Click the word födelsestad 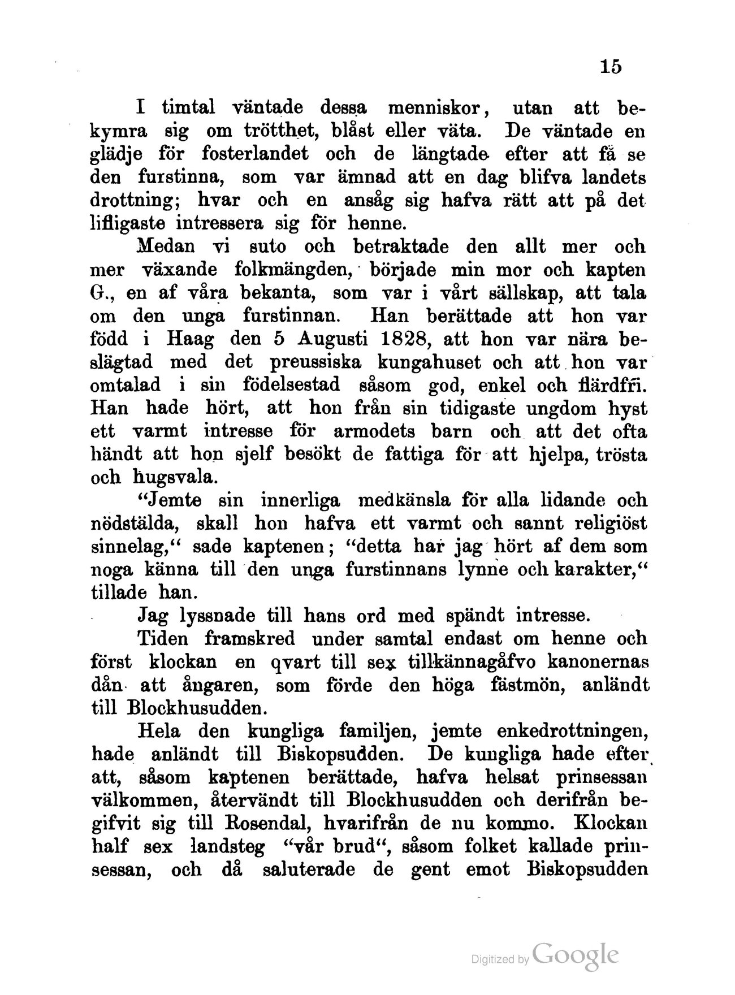[292, 386]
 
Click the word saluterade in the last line [310, 870]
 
